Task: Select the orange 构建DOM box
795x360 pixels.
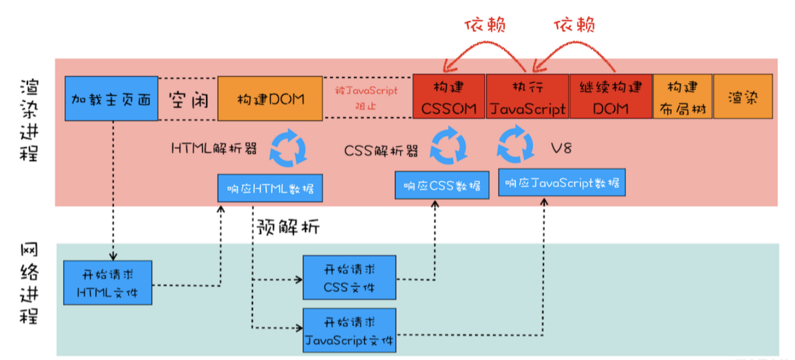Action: (270, 98)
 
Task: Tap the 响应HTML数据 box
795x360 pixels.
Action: (270, 188)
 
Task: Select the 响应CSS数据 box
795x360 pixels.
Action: (442, 185)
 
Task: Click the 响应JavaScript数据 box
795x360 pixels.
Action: (563, 182)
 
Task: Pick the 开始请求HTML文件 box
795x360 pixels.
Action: (107, 282)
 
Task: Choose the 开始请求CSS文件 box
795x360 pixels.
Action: (350, 278)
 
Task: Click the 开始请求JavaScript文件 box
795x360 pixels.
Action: (350, 330)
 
